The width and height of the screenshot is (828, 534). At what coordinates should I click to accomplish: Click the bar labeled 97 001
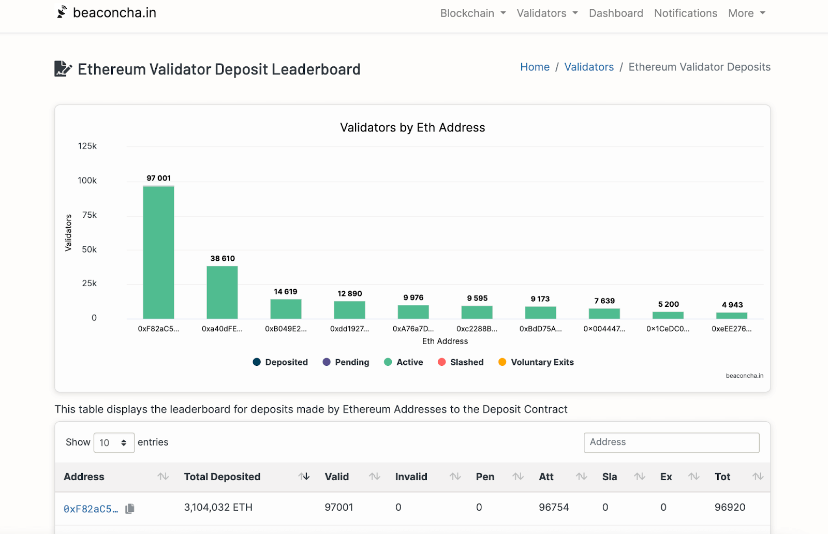pos(158,252)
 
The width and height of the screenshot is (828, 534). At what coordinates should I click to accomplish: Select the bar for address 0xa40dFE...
pos(222,292)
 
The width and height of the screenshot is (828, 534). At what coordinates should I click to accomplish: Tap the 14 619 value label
pos(286,292)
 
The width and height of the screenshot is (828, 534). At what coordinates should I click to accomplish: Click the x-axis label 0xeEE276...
pos(731,329)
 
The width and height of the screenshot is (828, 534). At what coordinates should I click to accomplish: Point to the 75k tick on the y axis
pos(89,215)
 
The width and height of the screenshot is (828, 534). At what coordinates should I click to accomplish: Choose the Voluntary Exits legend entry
pos(536,362)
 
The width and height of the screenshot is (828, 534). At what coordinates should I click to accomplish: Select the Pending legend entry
pos(346,362)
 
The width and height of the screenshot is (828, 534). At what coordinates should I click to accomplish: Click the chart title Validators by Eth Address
pos(412,128)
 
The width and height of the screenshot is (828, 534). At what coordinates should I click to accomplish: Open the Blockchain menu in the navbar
pos(472,13)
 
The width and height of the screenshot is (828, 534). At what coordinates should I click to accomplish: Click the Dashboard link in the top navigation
pos(616,13)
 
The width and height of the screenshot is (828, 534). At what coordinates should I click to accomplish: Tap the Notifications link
pos(686,13)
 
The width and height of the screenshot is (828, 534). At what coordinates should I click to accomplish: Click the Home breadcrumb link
pos(535,67)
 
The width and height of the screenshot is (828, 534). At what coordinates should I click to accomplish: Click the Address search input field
pos(671,442)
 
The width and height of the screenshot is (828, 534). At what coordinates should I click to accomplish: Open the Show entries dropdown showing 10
pos(114,443)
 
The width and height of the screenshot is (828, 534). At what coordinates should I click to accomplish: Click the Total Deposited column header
pos(222,477)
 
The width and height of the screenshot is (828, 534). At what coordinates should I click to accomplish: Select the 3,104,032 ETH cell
pos(218,508)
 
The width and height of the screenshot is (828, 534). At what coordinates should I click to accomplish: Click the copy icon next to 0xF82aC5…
pos(130,509)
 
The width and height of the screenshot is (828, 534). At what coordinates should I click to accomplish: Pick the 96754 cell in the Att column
pos(554,508)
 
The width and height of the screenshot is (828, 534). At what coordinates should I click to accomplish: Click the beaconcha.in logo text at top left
pos(114,13)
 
